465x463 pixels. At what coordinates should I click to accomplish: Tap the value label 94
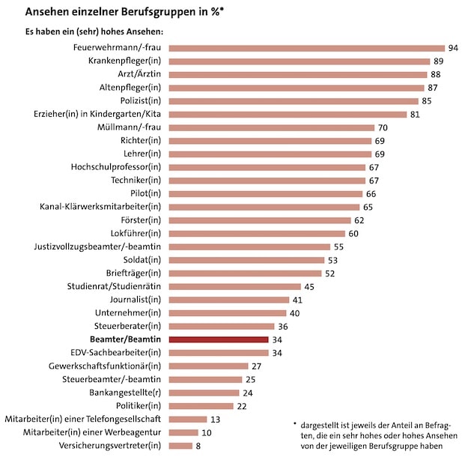(452, 48)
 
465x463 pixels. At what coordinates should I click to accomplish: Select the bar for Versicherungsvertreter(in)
(180, 446)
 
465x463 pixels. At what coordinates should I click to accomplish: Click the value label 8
(198, 446)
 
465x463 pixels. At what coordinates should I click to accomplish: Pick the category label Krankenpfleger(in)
(124, 61)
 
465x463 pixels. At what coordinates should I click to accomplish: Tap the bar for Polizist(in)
(293, 101)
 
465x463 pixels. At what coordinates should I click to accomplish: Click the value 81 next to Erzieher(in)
(416, 115)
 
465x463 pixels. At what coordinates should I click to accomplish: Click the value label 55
(339, 246)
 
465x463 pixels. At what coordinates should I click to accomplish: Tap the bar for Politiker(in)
(201, 406)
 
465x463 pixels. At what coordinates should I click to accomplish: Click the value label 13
(215, 420)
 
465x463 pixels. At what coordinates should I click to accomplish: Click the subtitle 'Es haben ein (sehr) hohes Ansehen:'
(94, 31)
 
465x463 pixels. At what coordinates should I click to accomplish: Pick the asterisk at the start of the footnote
(295, 423)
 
